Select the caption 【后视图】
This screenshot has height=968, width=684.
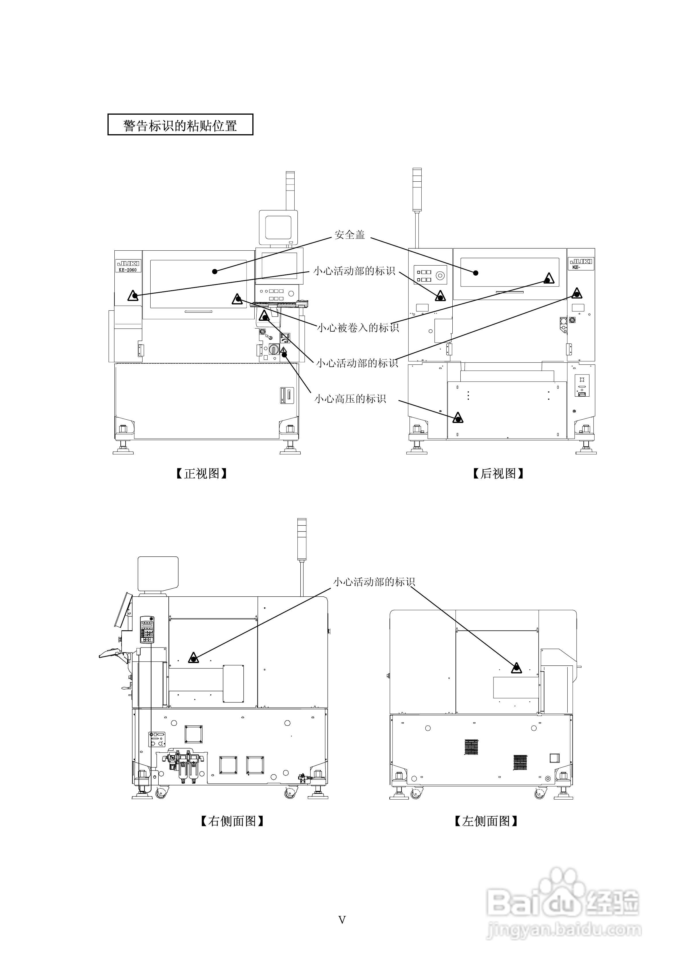coord(498,473)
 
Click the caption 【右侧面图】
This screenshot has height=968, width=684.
coord(232,821)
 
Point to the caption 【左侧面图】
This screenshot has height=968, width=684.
coord(486,821)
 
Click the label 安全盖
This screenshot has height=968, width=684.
coord(349,235)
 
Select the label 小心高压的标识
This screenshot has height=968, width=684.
coord(350,398)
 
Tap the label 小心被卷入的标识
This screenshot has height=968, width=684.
coord(358,328)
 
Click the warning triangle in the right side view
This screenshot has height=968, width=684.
coord(194,658)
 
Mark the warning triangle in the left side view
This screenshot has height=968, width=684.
coord(516,668)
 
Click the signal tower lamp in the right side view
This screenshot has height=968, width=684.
coord(301,540)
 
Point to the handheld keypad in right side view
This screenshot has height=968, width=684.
coord(147,629)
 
